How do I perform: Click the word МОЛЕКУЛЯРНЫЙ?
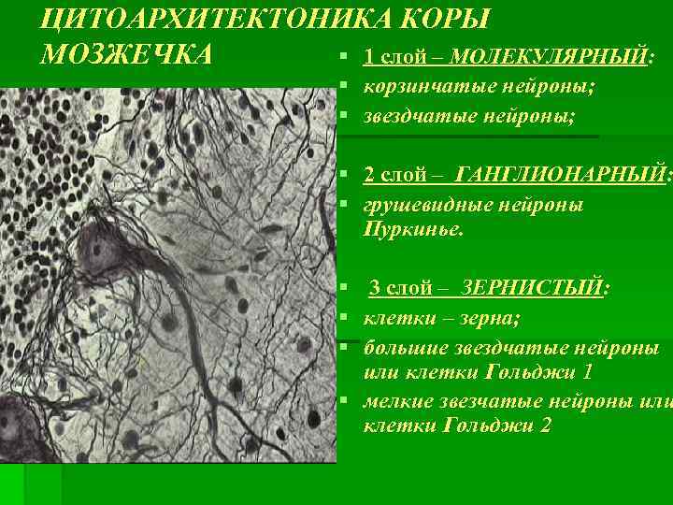[548, 57]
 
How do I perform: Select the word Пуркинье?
[413, 230]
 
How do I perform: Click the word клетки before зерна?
[394, 318]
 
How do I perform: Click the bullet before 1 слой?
[345, 58]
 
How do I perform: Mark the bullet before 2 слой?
[345, 175]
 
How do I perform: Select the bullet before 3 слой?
[345, 288]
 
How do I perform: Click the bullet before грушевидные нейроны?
[345, 204]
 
